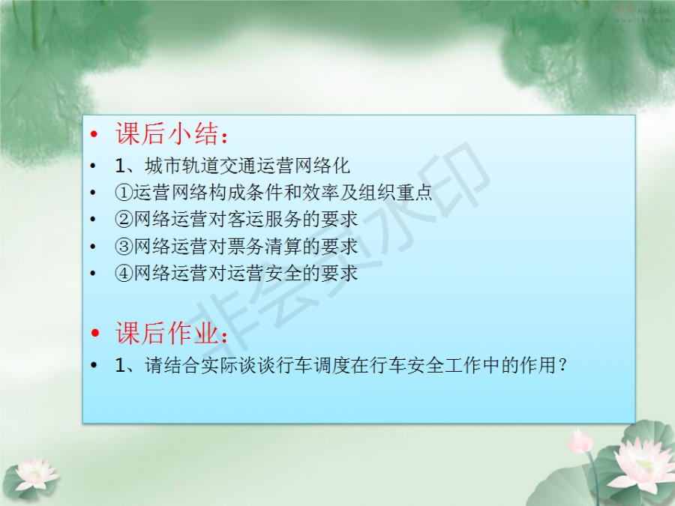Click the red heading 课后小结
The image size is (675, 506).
(x=166, y=133)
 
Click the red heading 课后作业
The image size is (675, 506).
(x=166, y=333)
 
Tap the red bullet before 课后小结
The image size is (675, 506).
(x=94, y=134)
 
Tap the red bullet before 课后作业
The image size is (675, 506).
(x=94, y=333)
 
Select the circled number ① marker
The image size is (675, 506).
(x=123, y=193)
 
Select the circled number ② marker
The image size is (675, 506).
(x=123, y=220)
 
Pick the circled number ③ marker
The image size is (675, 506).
(x=123, y=246)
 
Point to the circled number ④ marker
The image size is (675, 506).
(x=123, y=273)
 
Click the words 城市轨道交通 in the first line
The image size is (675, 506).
(x=200, y=166)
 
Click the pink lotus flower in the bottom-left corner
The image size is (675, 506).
(x=35, y=473)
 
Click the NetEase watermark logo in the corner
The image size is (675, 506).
(x=642, y=13)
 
